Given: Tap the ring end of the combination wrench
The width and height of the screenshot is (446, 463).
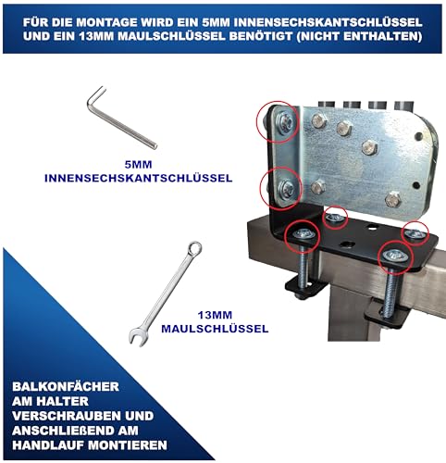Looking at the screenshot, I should pyautogui.click(x=195, y=248).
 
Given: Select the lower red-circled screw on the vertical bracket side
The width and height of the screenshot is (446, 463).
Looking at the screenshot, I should pyautogui.click(x=283, y=188).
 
